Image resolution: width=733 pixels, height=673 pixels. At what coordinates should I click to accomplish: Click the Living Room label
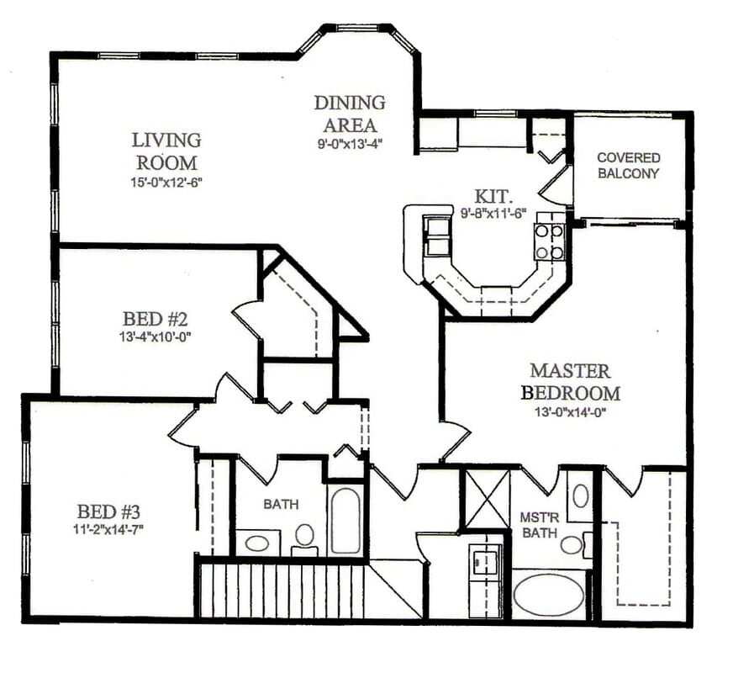166,151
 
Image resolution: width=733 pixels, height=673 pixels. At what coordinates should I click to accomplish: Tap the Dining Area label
350,114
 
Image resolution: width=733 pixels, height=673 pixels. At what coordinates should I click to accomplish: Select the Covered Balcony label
628,166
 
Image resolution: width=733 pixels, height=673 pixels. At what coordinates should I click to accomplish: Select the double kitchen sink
436,235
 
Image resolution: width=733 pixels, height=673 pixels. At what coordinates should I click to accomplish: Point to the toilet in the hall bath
304,537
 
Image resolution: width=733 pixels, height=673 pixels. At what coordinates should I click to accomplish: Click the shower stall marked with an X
487,499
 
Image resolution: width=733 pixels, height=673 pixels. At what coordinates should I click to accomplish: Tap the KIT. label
488,194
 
